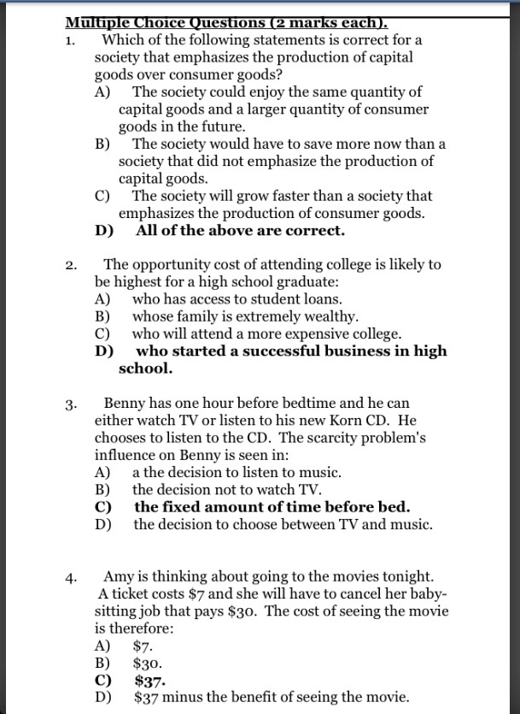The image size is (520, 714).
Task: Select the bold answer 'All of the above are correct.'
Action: (240, 231)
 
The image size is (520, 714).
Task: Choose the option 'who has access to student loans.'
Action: (237, 299)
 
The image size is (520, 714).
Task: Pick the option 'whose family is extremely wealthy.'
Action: (245, 316)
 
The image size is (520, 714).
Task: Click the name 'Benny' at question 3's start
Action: (124, 403)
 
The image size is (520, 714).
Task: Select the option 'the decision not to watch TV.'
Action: (226, 490)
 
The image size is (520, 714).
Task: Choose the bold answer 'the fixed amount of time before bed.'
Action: (272, 507)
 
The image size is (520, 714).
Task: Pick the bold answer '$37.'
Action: (149, 681)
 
